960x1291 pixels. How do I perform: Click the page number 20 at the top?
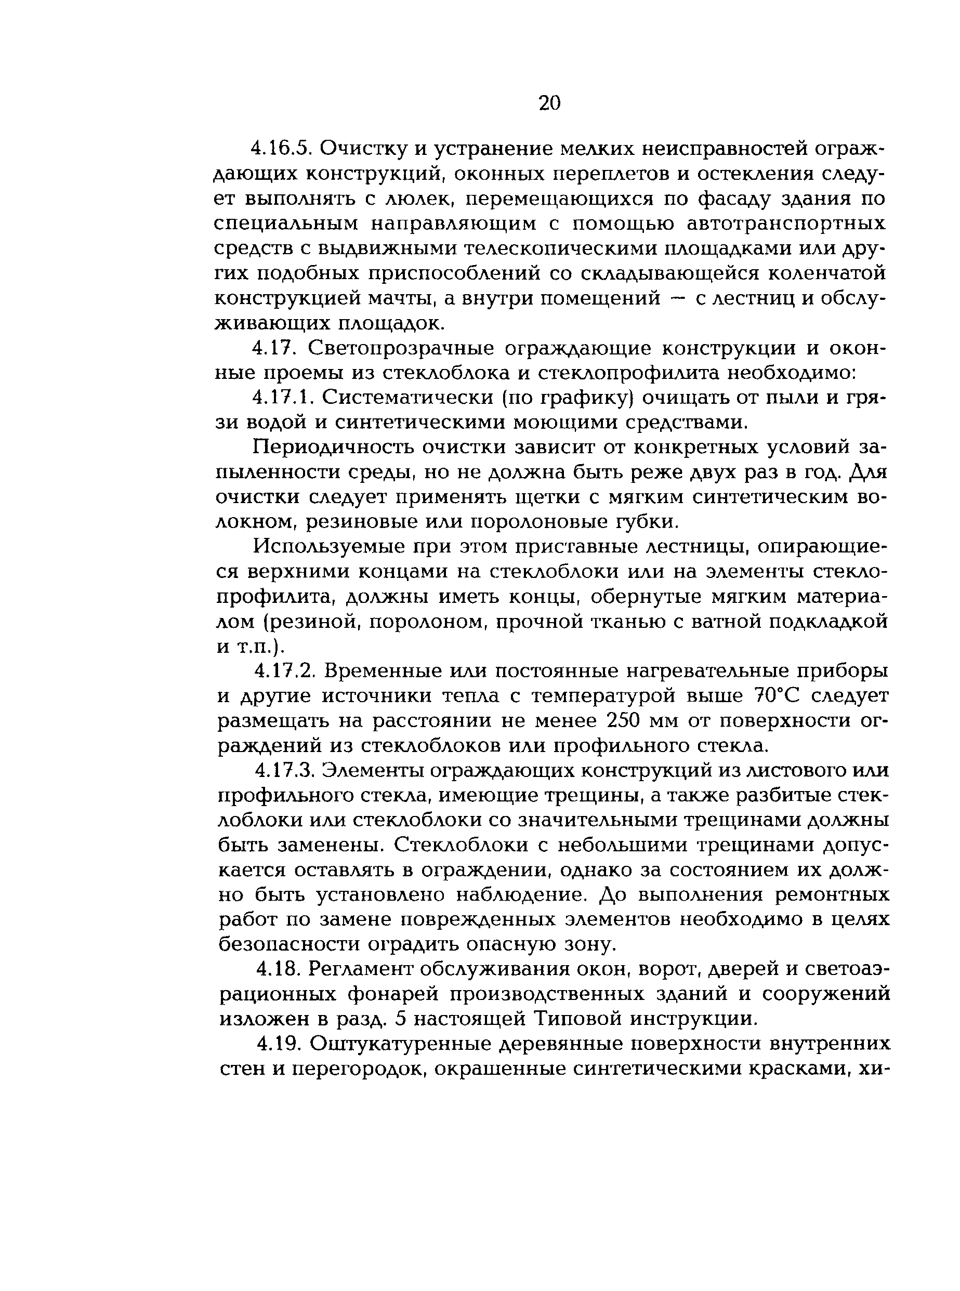click(549, 103)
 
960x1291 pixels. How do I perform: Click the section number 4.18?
click(277, 970)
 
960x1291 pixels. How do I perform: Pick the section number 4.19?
click(279, 1044)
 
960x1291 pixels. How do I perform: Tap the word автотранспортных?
click(786, 223)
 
